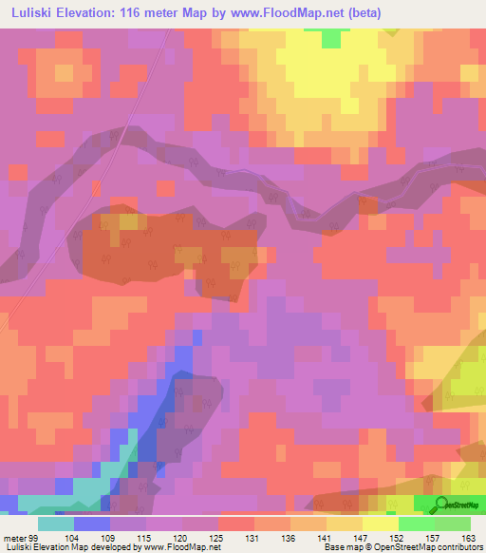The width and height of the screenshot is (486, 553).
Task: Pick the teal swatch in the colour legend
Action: (x=56, y=523)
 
